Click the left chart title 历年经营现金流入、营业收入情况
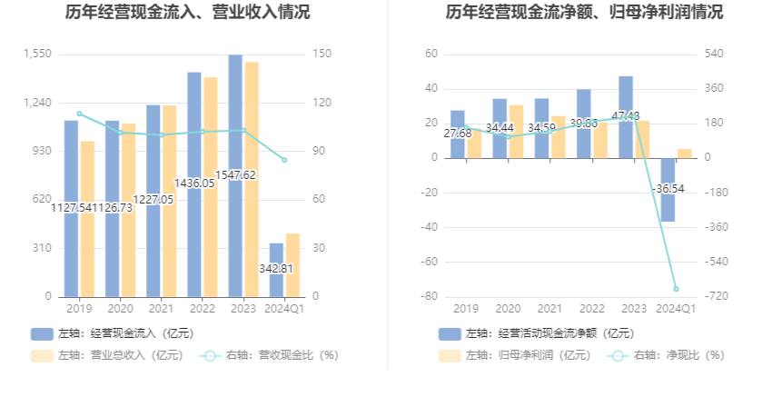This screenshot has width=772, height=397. tap(187, 13)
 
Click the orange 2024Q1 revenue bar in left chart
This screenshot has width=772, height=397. tap(292, 264)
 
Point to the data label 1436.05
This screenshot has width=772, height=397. tap(194, 183)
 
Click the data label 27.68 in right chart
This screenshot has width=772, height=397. tap(458, 134)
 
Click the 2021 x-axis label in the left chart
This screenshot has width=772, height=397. tap(161, 309)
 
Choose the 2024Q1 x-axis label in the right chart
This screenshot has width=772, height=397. tap(676, 309)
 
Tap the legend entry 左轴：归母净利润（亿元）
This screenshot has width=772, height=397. tap(516, 355)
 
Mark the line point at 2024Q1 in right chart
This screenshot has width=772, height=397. tap(676, 289)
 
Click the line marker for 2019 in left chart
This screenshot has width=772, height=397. tap(79, 114)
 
